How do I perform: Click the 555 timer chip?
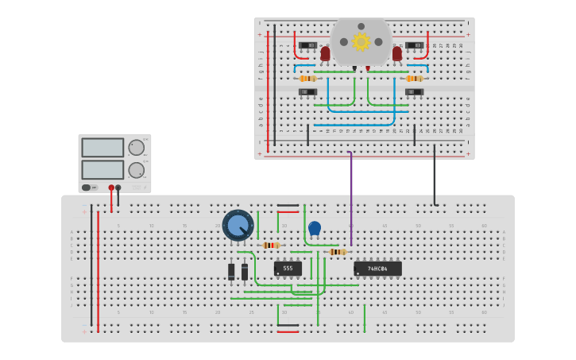click(x=288, y=269)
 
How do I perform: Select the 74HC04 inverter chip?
click(x=377, y=269)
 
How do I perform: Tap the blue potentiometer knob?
click(x=238, y=225)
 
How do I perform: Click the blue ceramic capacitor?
click(x=315, y=229)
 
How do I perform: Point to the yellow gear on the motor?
click(x=361, y=41)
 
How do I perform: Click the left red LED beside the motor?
click(x=325, y=53)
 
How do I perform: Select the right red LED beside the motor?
click(x=397, y=53)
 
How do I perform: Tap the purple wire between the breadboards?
click(x=351, y=199)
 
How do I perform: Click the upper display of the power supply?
click(x=102, y=148)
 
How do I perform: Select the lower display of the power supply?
click(x=102, y=169)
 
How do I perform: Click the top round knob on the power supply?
click(x=137, y=147)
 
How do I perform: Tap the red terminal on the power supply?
click(x=111, y=188)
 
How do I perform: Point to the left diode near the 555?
click(x=231, y=272)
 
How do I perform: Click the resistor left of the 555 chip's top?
click(x=271, y=246)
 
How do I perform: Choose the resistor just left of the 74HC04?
click(x=338, y=252)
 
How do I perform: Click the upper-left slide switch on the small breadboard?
click(x=308, y=45)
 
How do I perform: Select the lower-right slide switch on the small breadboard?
click(x=414, y=92)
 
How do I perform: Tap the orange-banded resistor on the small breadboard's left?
click(x=307, y=79)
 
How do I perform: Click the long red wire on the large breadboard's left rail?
click(x=99, y=270)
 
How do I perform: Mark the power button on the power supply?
click(x=86, y=188)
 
